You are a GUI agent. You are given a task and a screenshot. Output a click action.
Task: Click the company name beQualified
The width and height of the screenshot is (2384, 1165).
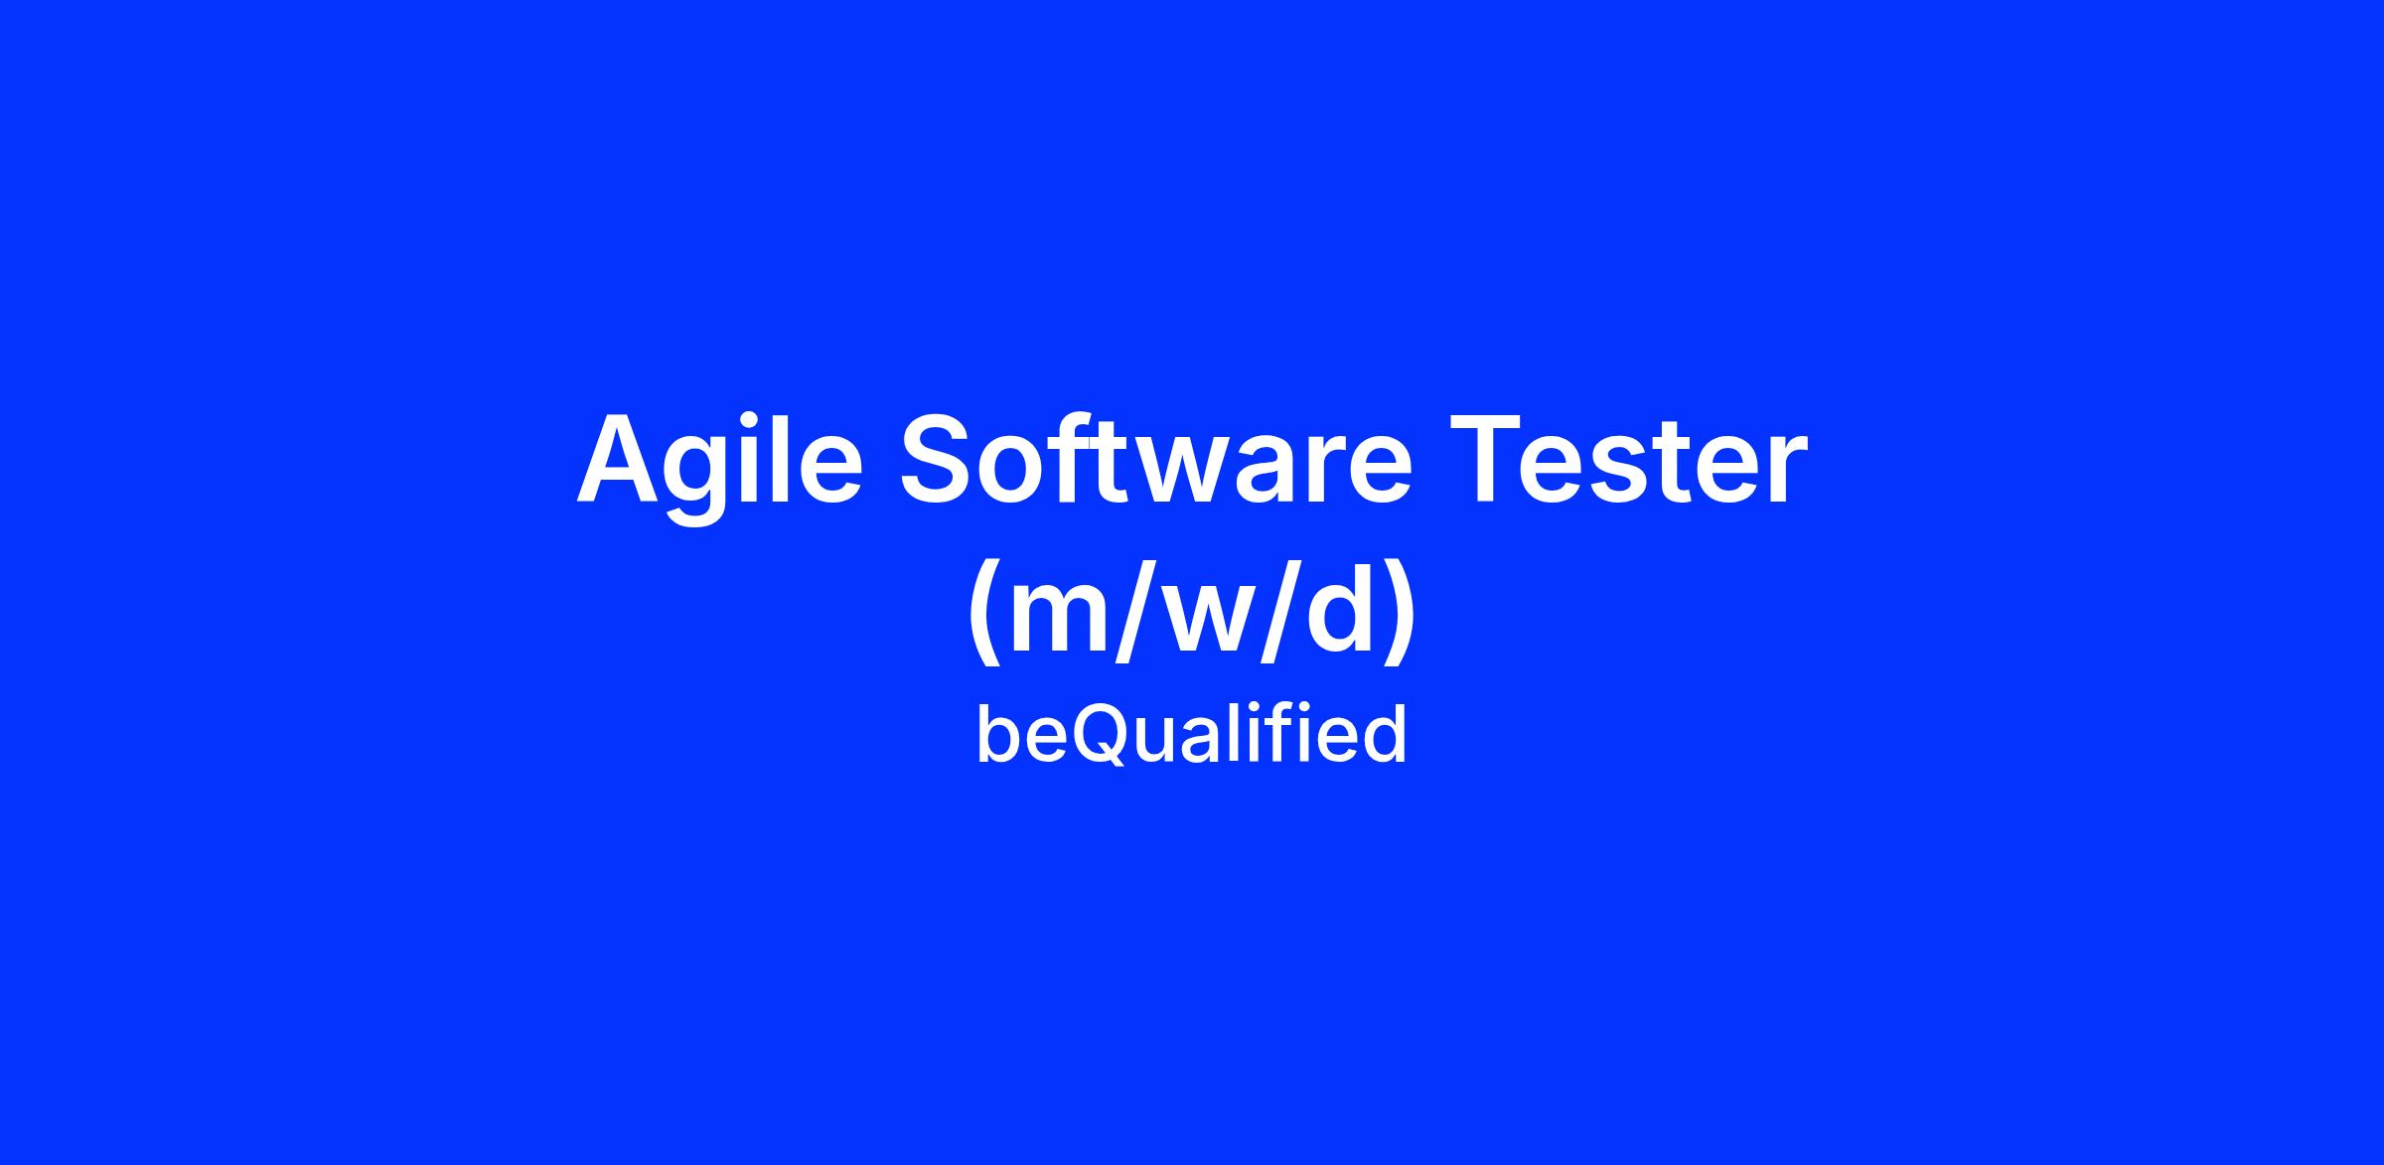[x=1191, y=734]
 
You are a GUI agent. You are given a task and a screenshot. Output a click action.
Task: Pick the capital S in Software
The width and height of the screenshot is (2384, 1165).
[x=941, y=458]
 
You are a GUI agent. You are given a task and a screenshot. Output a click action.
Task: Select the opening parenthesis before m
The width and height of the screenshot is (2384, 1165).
[x=986, y=617]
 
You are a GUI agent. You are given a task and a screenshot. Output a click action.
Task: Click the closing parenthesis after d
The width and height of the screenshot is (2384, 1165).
[x=1398, y=617]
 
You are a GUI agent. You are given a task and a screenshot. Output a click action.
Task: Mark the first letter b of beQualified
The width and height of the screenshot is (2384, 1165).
[x=996, y=735]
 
